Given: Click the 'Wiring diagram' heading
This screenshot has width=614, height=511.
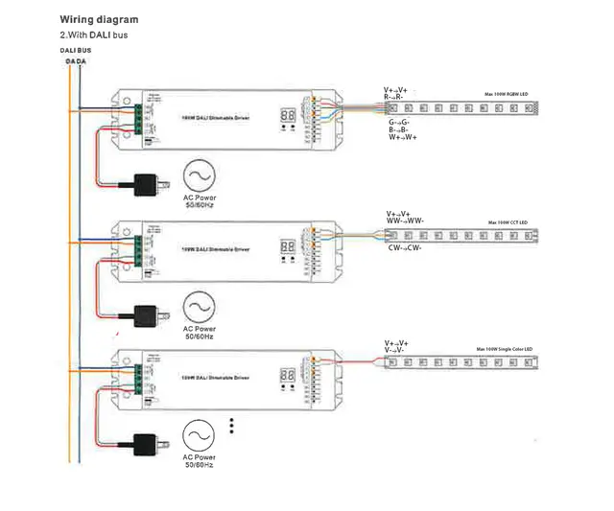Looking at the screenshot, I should [99, 19].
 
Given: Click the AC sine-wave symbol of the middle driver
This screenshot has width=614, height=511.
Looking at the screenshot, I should [200, 308].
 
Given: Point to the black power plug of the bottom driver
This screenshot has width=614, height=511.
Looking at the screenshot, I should [146, 442].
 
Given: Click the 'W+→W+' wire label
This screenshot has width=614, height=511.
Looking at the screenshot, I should [403, 138].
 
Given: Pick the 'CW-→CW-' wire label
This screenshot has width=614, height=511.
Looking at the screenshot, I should [406, 247].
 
